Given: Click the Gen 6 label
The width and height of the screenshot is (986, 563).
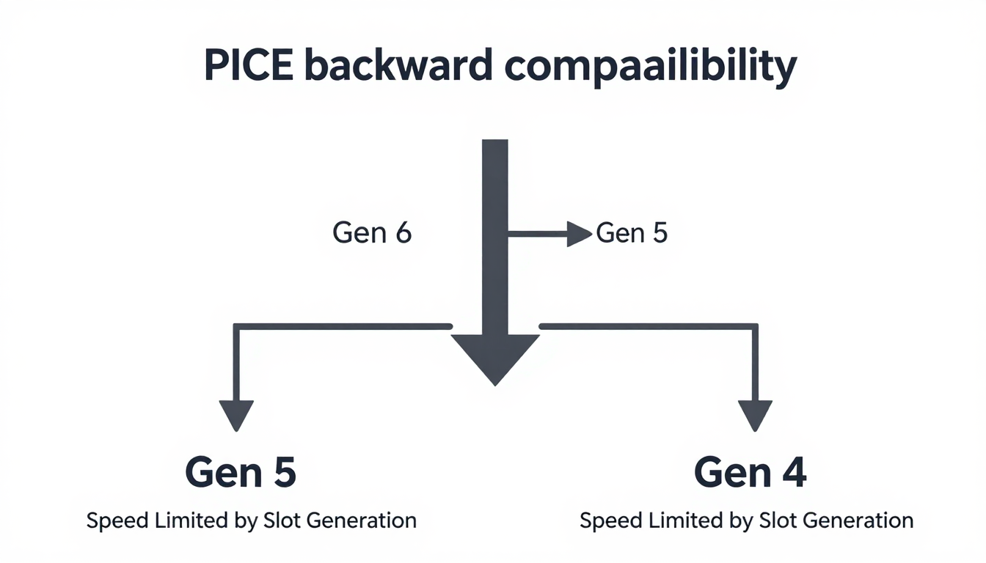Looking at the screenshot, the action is tap(372, 233).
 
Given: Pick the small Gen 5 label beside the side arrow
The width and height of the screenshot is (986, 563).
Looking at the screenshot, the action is tap(632, 233).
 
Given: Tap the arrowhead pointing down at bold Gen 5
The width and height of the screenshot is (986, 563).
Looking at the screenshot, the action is tap(236, 415).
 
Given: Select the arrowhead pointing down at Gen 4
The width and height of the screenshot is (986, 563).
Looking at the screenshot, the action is tap(755, 415).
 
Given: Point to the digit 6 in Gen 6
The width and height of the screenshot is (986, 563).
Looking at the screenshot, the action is tap(402, 233).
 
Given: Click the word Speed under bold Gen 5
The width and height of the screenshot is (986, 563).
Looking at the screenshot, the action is tap(116, 521).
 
